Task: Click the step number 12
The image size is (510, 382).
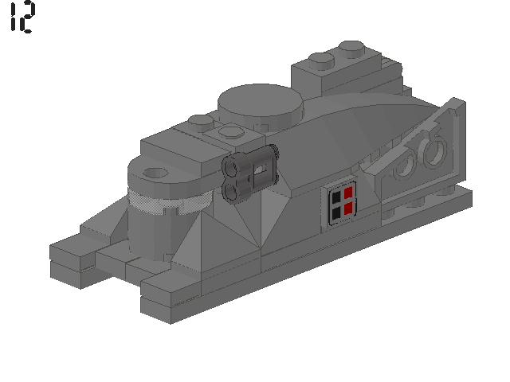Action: click(22, 17)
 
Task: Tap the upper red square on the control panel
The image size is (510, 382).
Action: click(348, 195)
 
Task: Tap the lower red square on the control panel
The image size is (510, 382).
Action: click(348, 210)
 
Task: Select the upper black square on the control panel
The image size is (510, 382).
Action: click(337, 197)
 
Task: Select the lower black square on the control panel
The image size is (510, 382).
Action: click(337, 212)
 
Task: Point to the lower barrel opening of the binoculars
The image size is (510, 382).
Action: click(232, 189)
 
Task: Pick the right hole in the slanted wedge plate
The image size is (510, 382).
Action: click(434, 150)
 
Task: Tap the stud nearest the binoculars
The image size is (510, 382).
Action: click(231, 132)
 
